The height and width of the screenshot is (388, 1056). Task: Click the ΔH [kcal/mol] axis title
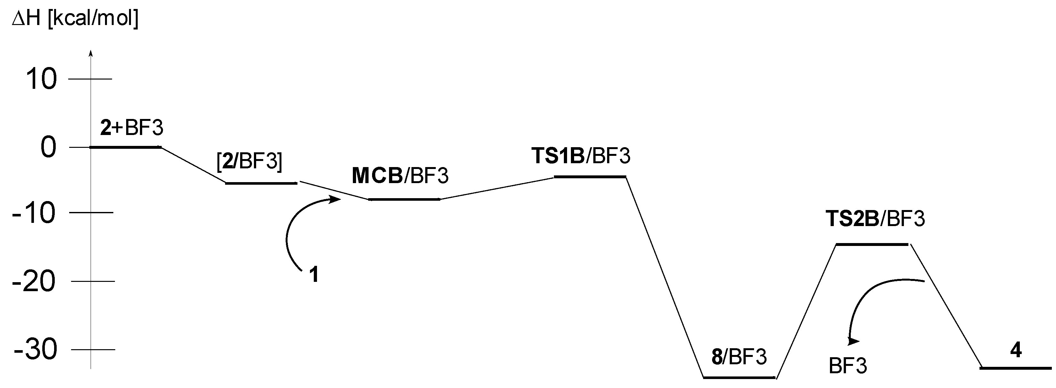tap(75, 19)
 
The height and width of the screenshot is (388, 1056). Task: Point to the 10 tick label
tap(41, 79)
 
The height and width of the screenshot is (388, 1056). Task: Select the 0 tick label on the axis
tap(48, 148)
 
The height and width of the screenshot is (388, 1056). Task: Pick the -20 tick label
tap(34, 282)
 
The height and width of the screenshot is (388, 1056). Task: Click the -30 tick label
tap(35, 350)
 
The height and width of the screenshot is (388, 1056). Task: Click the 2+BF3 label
tap(132, 129)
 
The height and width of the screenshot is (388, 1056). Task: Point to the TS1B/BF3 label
tap(581, 156)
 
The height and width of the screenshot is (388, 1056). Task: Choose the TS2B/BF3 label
tap(875, 219)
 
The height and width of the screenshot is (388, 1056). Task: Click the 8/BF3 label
tap(739, 357)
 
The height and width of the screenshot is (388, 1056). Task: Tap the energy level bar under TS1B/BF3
tap(590, 177)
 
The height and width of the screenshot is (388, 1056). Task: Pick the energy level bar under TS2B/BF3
tap(872, 244)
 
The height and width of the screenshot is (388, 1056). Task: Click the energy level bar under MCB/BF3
tap(404, 199)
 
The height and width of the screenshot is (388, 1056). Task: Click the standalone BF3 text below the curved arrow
tap(848, 366)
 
